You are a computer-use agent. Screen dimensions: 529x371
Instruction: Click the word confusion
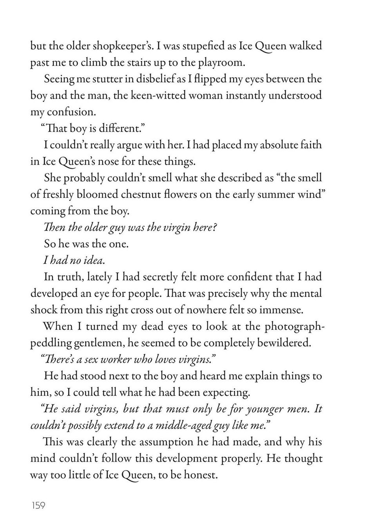click(71, 112)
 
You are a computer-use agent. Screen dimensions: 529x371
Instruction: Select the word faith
click(308, 145)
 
